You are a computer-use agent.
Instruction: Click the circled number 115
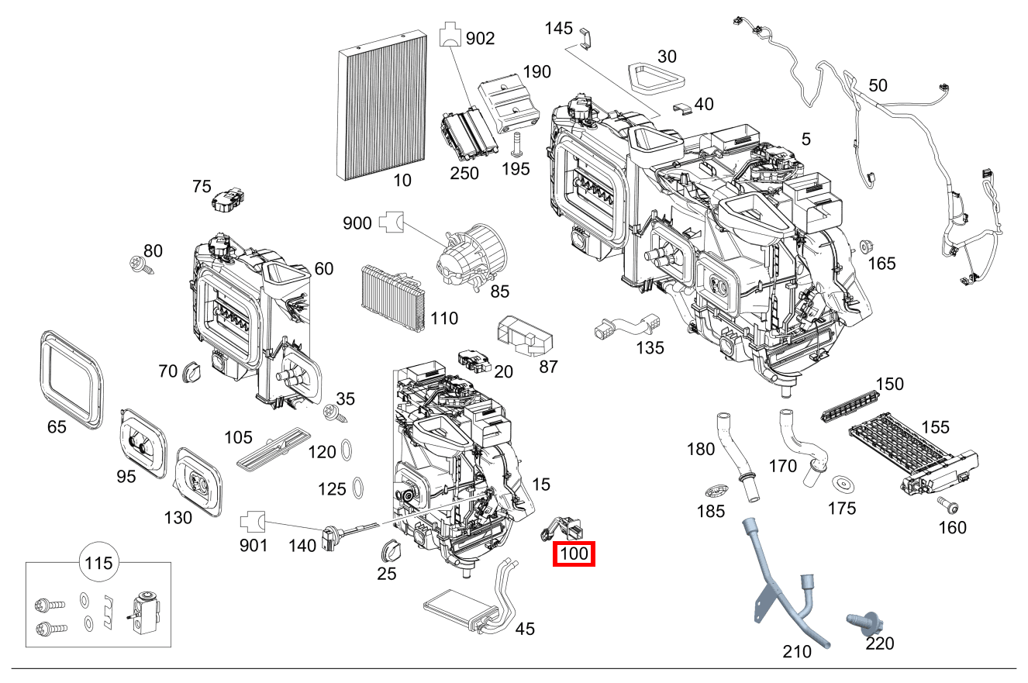pos(98,563)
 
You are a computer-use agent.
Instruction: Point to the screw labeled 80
pos(142,267)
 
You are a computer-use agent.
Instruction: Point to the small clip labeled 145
pos(585,36)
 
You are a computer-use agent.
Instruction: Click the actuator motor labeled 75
pos(226,200)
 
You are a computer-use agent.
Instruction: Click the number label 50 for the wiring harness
pos(878,86)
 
